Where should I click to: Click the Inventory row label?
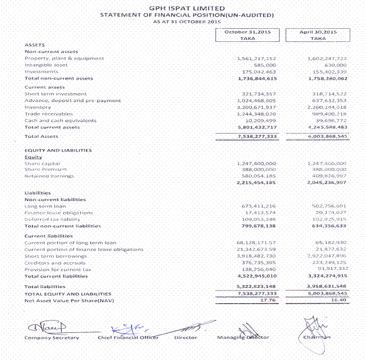pos(38,107)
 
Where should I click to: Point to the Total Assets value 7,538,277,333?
pos(256,136)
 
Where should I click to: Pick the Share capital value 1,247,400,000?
pos(256,163)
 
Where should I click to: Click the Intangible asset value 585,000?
pos(265,65)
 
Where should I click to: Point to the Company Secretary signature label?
pos(51,338)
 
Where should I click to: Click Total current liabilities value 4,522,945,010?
pos(256,276)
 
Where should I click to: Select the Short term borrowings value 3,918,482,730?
pos(256,256)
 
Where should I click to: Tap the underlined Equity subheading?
pos(32,157)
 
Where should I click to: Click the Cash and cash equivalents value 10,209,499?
pos(259,120)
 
